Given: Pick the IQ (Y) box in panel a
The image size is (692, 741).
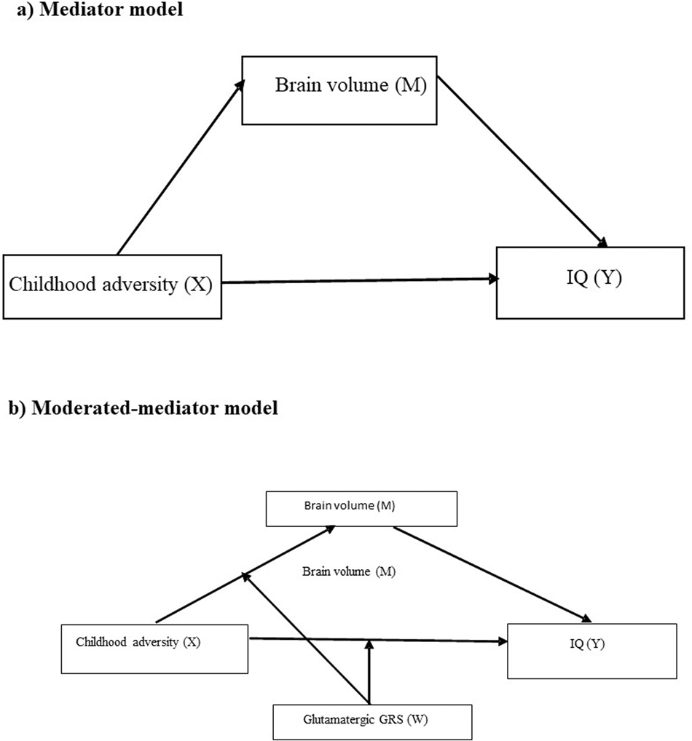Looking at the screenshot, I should (590, 282).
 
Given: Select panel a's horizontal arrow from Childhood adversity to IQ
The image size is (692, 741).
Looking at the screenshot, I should (357, 280).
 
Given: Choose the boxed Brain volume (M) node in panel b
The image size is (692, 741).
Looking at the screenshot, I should (361, 508).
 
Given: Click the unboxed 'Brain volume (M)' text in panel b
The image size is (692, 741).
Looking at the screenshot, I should (348, 571).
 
